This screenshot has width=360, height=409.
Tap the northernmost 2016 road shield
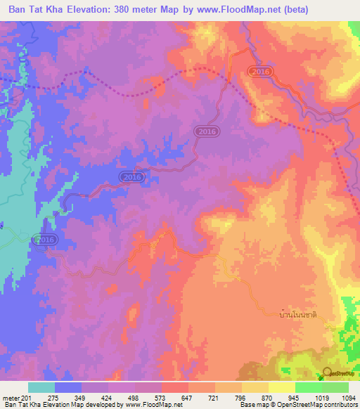coord(260,72)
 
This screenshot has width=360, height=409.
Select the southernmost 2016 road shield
coord(44,240)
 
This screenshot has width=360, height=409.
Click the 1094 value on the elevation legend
coord(347,398)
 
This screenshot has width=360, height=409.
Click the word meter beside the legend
coord(11,398)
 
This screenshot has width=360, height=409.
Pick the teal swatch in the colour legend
coord(41,387)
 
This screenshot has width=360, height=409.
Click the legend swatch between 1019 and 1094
coord(335,387)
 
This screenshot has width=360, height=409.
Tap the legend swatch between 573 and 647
coord(174,387)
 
